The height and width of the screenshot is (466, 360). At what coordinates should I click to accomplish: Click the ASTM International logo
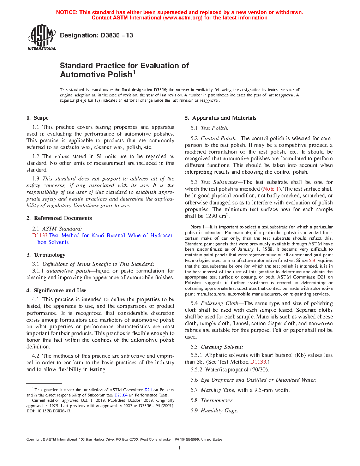[42, 37]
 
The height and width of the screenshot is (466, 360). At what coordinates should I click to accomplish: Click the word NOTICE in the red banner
[67, 12]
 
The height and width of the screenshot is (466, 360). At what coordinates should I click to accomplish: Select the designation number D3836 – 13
[117, 35]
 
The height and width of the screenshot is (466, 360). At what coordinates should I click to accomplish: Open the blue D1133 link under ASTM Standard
[40, 235]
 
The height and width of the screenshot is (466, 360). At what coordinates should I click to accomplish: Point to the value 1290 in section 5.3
[211, 216]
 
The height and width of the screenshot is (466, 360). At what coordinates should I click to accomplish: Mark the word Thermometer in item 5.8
[216, 400]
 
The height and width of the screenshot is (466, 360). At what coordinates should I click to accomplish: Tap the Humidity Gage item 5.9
[219, 411]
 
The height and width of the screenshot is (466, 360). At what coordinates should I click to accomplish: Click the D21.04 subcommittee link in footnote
[121, 395]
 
